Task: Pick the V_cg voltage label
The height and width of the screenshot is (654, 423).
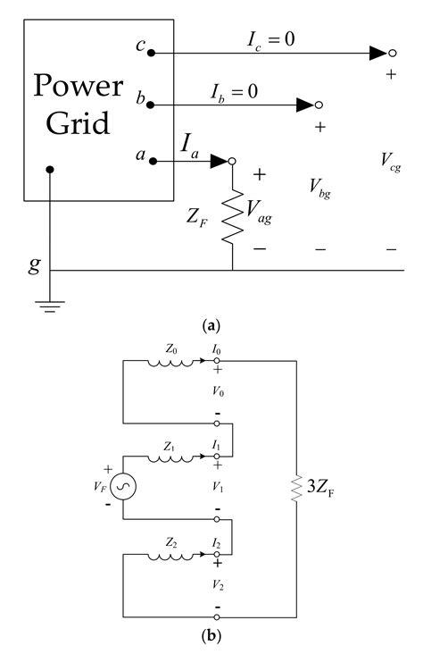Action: click(x=389, y=161)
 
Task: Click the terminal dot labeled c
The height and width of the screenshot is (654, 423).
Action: click(x=153, y=54)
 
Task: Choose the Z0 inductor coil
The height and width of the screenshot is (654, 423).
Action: click(x=169, y=364)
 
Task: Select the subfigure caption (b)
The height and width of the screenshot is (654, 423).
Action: click(x=211, y=638)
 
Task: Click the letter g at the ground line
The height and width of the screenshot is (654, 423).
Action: click(x=35, y=264)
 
